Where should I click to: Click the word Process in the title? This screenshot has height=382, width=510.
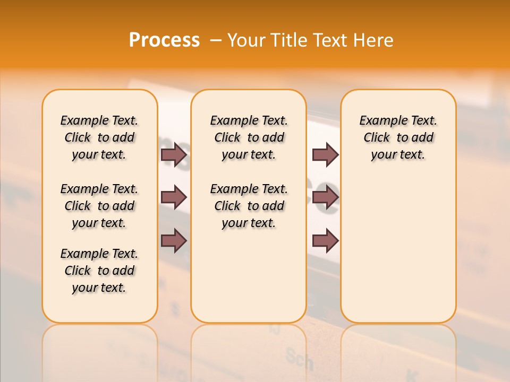click(164, 40)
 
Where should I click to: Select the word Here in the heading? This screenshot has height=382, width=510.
click(374, 40)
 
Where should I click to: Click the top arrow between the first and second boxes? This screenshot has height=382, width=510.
click(174, 155)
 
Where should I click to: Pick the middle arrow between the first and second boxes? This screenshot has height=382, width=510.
click(174, 197)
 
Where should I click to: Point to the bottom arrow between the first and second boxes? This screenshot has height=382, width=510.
click(174, 241)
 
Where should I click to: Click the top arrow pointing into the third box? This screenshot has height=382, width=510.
click(325, 155)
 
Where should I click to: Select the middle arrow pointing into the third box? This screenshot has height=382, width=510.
click(325, 197)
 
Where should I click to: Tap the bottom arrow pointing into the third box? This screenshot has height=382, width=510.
click(325, 241)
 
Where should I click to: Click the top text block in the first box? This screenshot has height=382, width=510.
click(99, 137)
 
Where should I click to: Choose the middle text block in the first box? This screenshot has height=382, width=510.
click(99, 206)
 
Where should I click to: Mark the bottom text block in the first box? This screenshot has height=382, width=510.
click(99, 271)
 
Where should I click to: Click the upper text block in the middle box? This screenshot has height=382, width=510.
click(249, 137)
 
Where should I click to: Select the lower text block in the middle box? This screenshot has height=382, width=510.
click(249, 206)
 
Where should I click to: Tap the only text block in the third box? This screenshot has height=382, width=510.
click(398, 137)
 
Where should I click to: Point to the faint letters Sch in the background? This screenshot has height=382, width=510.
click(299, 359)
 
